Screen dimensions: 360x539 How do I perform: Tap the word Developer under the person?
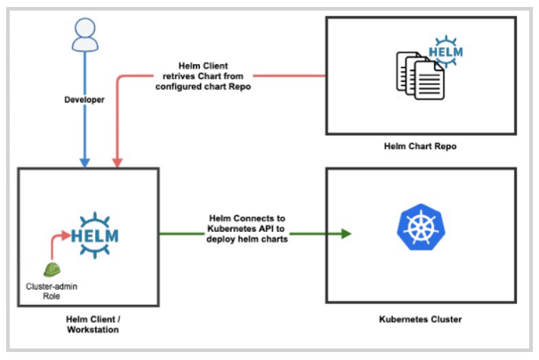84,100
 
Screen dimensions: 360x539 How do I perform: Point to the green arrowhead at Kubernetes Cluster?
345,234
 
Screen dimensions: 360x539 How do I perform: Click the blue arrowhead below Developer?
84,163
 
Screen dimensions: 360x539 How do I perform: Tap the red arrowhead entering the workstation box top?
117,163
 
